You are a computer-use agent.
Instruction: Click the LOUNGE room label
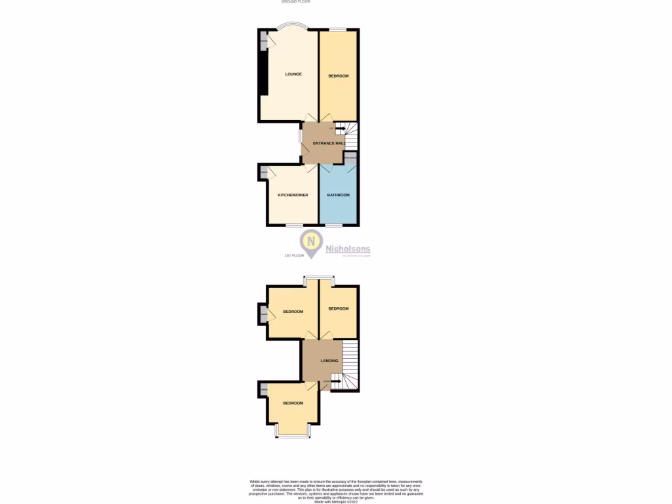(x=293, y=74)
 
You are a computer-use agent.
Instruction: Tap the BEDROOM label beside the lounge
(x=338, y=76)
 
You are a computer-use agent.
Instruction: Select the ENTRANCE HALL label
(x=329, y=143)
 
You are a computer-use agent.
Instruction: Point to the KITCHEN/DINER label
(x=293, y=195)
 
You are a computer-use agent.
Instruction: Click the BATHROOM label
(x=339, y=195)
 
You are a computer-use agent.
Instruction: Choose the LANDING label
(x=329, y=360)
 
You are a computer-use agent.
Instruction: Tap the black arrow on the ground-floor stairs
(x=341, y=129)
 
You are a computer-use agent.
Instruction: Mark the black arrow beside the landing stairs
(x=335, y=381)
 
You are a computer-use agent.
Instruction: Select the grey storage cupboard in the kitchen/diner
(x=264, y=173)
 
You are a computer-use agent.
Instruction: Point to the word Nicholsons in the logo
(x=348, y=249)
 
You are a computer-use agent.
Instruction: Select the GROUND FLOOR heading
(x=295, y=2)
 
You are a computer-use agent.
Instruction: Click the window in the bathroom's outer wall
(x=334, y=225)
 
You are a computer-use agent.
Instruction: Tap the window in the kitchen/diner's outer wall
(x=293, y=225)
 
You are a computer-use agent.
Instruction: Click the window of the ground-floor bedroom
(x=338, y=29)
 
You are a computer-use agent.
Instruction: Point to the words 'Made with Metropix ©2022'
(x=335, y=501)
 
